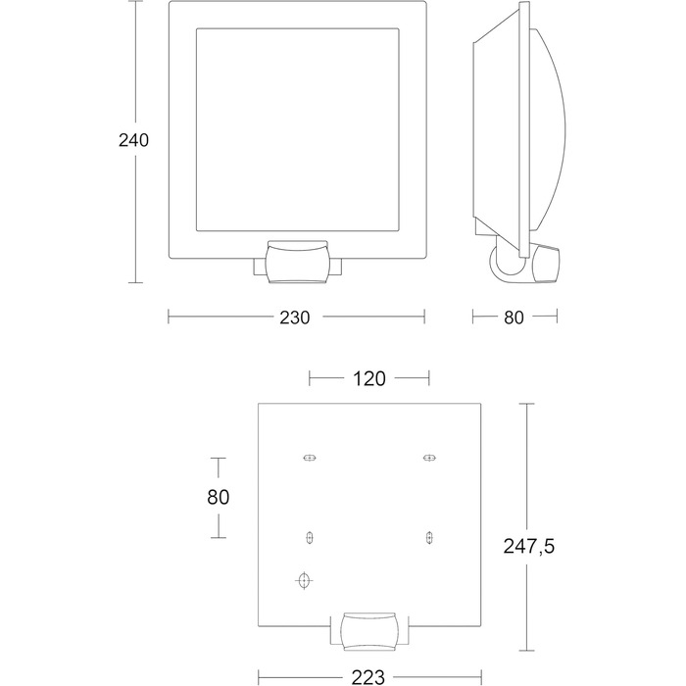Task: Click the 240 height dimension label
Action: click(x=133, y=140)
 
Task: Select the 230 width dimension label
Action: click(x=294, y=318)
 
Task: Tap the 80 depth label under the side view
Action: click(x=514, y=318)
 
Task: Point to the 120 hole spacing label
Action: click(x=368, y=379)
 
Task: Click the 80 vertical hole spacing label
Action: click(x=218, y=498)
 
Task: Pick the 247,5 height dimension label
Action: click(x=528, y=547)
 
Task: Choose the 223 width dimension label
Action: click(x=368, y=677)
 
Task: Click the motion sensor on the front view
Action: click(x=298, y=262)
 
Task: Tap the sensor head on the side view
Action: click(x=546, y=264)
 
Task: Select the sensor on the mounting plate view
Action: click(x=369, y=631)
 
